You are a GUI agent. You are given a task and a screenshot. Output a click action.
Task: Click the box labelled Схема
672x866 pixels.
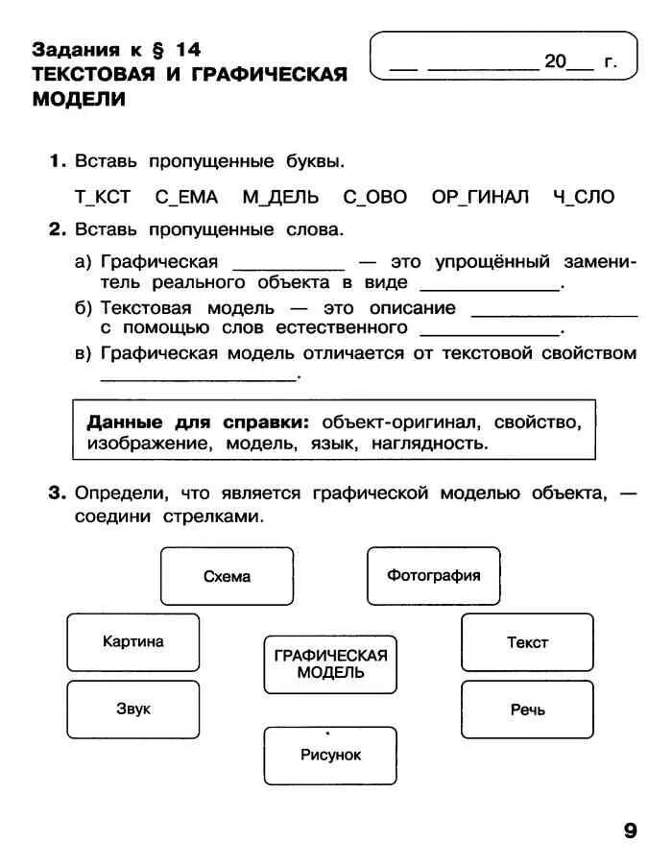[x=227, y=576]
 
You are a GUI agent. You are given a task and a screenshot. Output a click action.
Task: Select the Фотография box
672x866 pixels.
[x=434, y=576]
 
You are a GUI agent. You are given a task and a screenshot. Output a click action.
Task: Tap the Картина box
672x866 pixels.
[x=133, y=642]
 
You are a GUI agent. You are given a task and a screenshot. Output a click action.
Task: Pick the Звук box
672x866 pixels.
[x=133, y=710]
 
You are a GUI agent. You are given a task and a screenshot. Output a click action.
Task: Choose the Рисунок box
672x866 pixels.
[x=330, y=756]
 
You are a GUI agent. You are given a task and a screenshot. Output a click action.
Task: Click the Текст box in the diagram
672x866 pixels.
[x=527, y=642]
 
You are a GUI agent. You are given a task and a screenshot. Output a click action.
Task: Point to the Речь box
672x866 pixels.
[x=527, y=710]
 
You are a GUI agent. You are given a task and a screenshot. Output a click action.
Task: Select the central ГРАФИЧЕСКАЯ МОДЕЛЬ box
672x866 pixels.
[x=330, y=663]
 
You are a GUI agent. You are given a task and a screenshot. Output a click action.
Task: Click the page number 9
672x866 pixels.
[x=630, y=831]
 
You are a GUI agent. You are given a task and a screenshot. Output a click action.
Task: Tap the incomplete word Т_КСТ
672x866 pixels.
[x=103, y=197]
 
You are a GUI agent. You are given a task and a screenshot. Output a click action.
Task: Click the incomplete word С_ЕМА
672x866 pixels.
[x=186, y=197]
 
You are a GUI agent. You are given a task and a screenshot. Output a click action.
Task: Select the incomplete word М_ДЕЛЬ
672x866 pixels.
[x=279, y=197]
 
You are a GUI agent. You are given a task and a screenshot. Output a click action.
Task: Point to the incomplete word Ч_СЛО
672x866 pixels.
[x=583, y=197]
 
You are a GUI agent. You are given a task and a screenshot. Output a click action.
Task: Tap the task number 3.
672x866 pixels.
[x=57, y=493]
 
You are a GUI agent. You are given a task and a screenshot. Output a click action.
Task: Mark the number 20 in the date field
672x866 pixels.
[x=556, y=61]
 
